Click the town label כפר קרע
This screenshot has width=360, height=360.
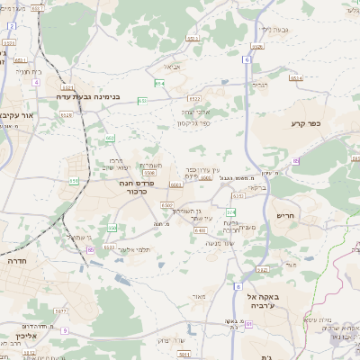point(306,123)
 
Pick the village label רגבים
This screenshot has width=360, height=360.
point(260,85)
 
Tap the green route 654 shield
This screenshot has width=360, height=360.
point(159,83)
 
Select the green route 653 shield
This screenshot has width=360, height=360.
point(142,101)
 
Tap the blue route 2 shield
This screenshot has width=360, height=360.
point(11,26)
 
